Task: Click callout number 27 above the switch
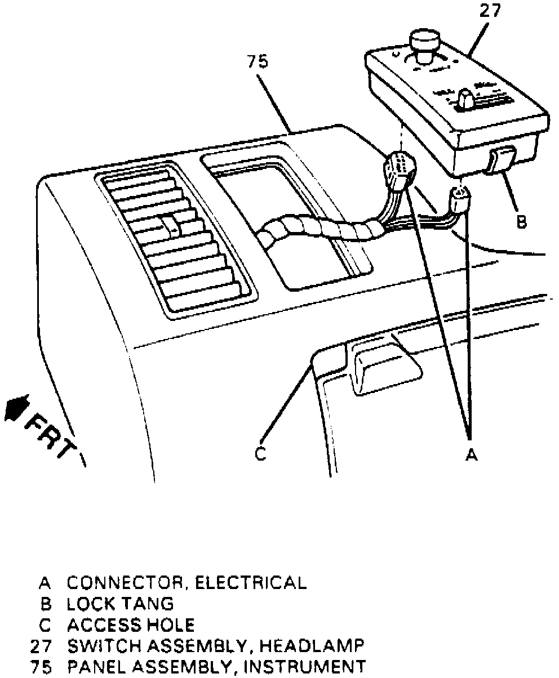490,12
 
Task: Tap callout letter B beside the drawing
522,222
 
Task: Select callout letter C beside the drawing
260,454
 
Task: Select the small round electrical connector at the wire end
460,200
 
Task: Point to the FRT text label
54,436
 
